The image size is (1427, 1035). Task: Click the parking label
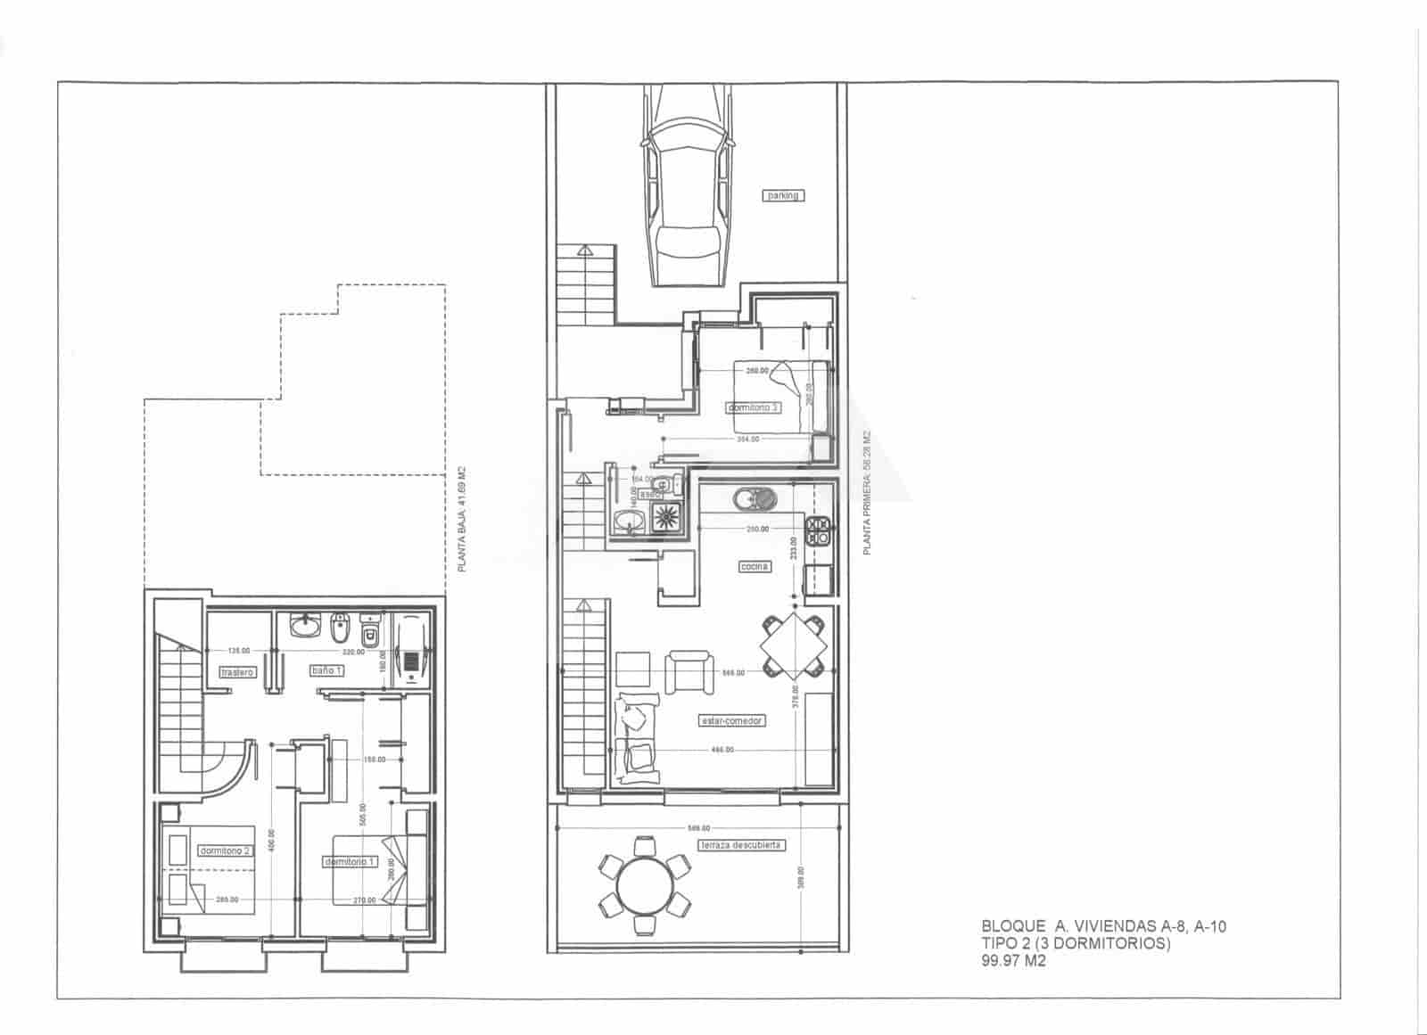pos(784,195)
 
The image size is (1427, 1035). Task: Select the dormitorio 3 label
pos(754,407)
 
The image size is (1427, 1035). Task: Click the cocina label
pos(755,566)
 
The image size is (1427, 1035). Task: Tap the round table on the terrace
pos(644,885)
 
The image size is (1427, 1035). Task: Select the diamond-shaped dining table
pos(792,645)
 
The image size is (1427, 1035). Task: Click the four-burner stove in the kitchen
pos(818,532)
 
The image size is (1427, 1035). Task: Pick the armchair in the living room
pos(689,671)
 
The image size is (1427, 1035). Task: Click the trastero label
pos(237,672)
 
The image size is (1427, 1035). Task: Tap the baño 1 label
pos(326,669)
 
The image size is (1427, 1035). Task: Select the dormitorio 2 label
pos(225,850)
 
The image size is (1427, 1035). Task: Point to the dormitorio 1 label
pos(350,862)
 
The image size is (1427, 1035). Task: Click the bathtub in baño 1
pos(412,651)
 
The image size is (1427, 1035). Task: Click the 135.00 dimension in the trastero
pos(238,651)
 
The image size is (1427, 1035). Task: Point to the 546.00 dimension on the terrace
pos(699,828)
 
